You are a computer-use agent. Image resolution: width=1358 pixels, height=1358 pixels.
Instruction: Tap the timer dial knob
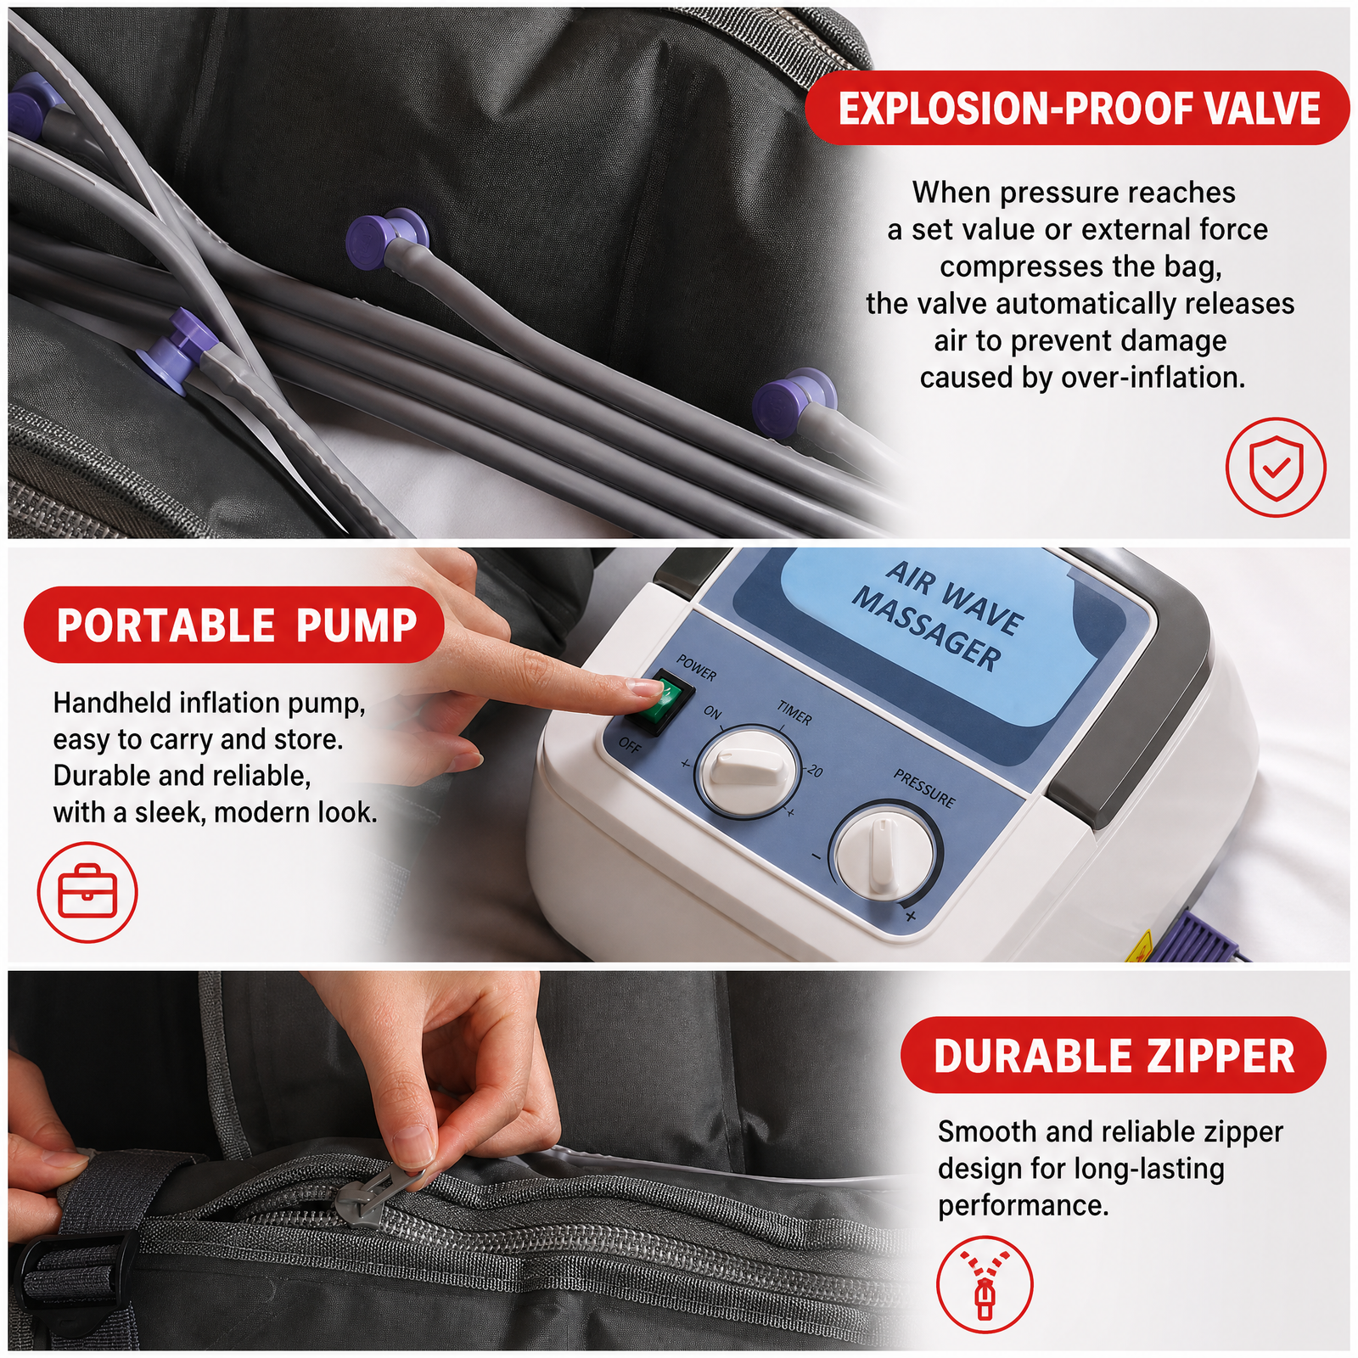coord(748,769)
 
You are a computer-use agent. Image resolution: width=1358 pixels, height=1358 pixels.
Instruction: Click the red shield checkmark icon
coord(1275,467)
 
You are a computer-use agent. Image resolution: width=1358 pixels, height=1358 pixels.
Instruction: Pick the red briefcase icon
coord(87,891)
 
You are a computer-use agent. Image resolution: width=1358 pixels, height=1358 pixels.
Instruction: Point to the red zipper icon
coord(985,1284)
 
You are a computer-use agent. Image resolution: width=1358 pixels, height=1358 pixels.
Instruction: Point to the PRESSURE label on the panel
coord(924,788)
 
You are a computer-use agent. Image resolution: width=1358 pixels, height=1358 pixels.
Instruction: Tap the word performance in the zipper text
coord(1023,1206)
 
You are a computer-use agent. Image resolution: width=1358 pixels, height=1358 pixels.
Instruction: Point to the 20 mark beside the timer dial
coord(814,771)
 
